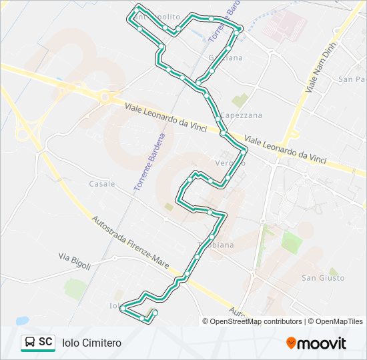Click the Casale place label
click(x=102, y=183)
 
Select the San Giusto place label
click(x=323, y=277)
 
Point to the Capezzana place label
click(x=242, y=115)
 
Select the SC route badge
click(x=38, y=343)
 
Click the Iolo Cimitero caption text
click(x=91, y=343)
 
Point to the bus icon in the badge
click(x=30, y=343)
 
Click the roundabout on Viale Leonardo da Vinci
click(x=104, y=97)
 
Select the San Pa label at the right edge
click(x=352, y=79)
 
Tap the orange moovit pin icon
click(x=291, y=343)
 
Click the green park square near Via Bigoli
click(x=75, y=289)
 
